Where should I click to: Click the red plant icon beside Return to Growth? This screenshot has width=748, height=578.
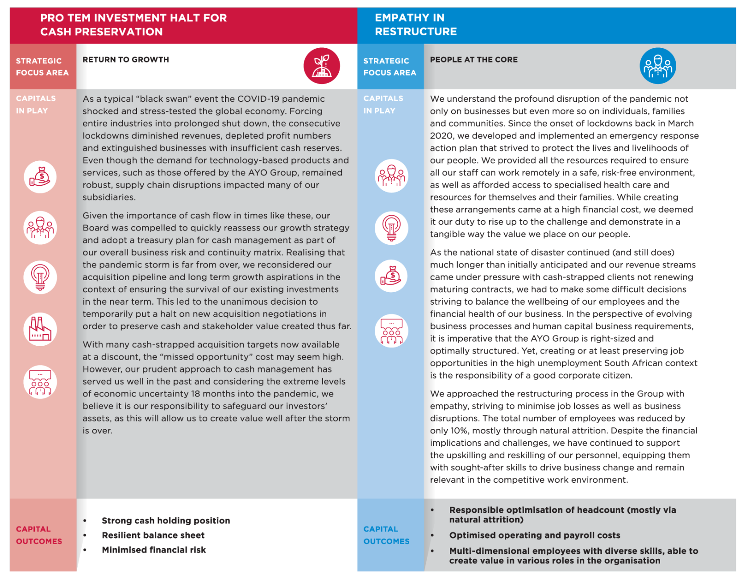[322, 66]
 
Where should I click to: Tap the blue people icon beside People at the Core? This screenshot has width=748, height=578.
[657, 66]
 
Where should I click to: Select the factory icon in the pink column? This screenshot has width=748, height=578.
[40, 329]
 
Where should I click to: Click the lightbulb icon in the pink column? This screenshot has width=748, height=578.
[40, 277]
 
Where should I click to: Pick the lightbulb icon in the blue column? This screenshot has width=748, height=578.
[391, 228]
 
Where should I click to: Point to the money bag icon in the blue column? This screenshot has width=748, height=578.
[391, 276]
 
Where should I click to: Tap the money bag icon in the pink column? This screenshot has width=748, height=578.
[40, 177]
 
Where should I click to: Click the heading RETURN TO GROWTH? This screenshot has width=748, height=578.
[126, 60]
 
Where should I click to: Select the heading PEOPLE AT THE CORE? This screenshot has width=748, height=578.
[474, 60]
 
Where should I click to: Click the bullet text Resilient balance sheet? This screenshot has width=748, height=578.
[153, 536]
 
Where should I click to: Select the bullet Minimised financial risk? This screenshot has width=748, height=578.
[154, 550]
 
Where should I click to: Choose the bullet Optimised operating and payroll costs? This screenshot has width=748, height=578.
[535, 536]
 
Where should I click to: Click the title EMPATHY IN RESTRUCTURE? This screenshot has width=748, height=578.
[416, 25]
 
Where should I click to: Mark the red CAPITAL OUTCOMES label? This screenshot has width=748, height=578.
[39, 535]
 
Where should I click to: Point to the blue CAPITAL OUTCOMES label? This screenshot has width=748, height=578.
[386, 535]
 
